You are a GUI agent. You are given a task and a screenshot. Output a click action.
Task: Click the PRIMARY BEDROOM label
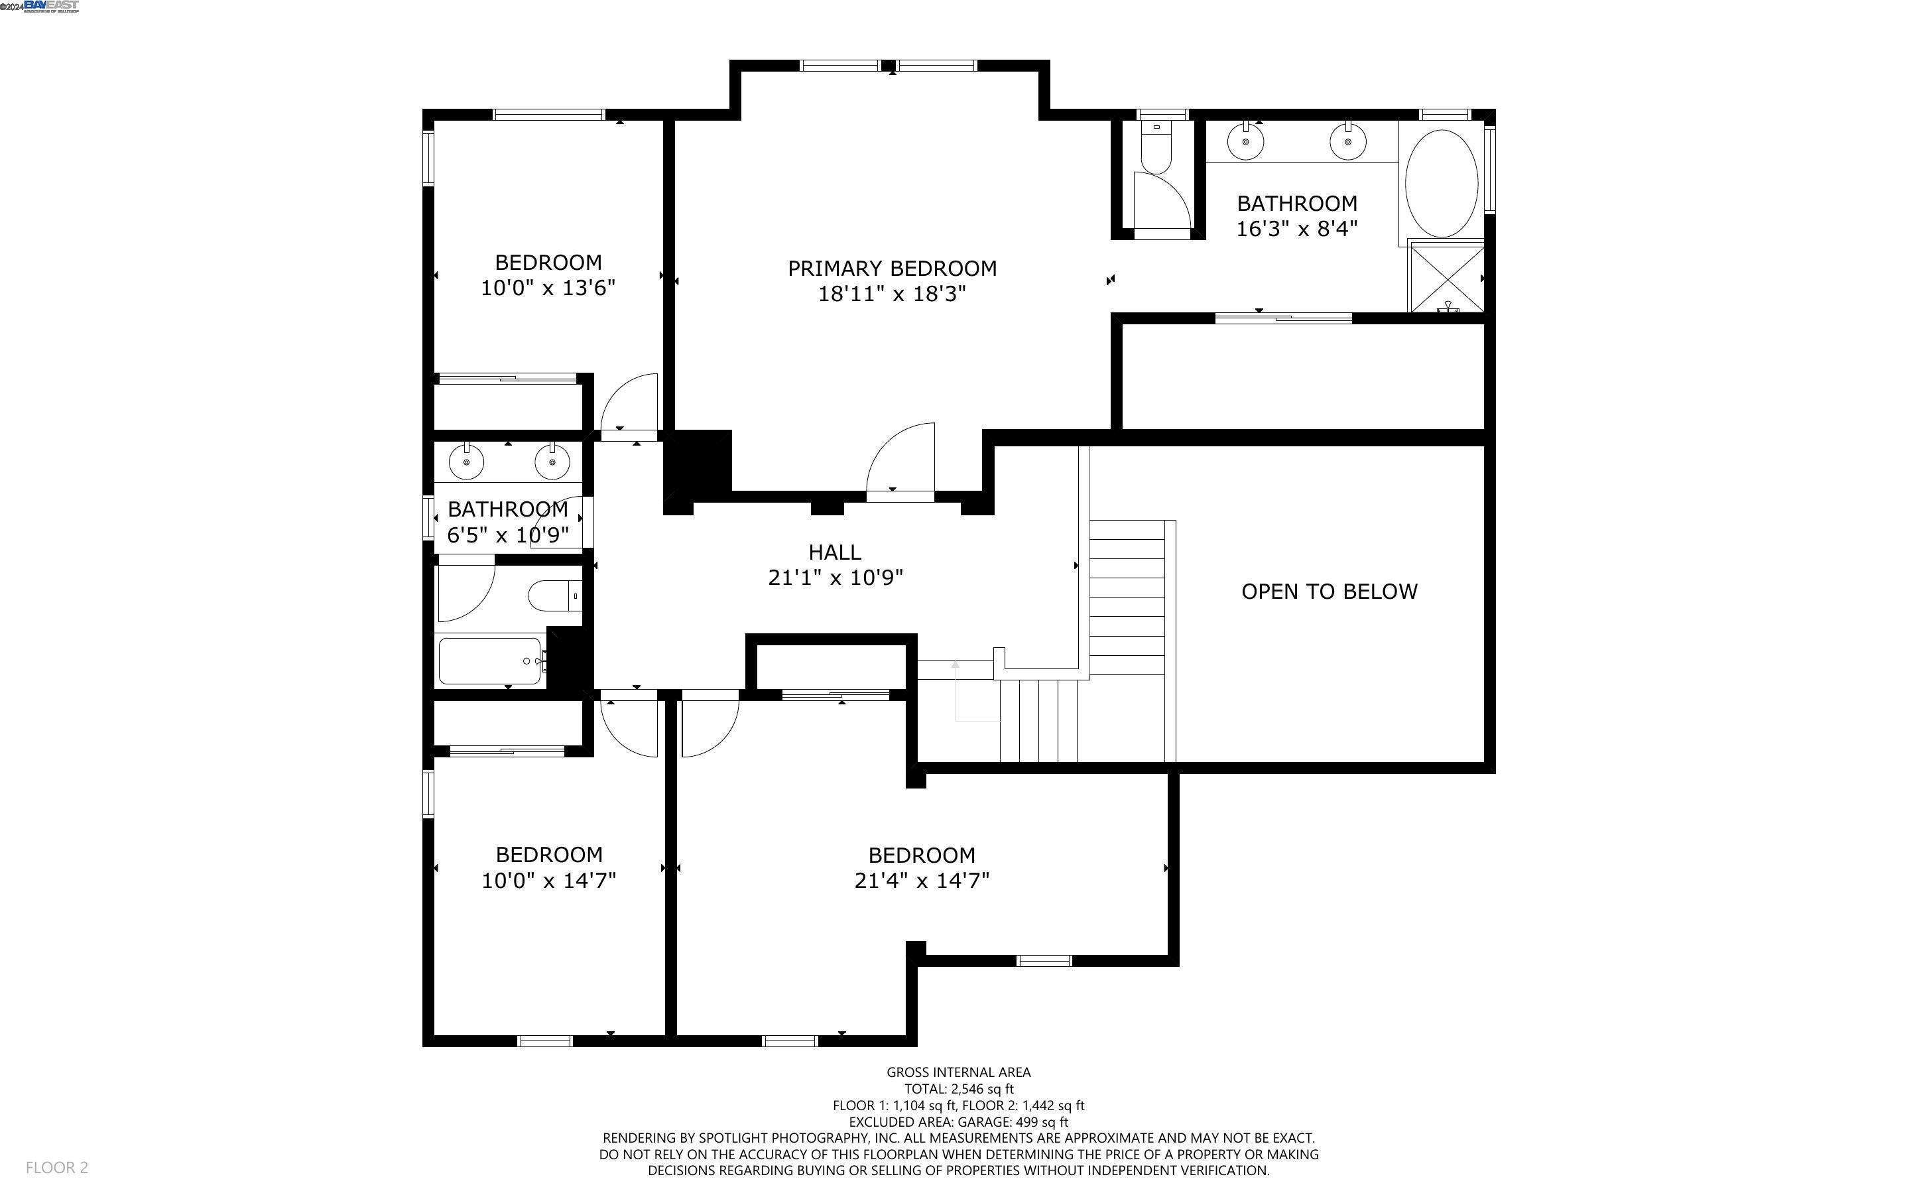pyautogui.click(x=892, y=269)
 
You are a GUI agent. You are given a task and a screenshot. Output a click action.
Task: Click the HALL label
pyautogui.click(x=835, y=552)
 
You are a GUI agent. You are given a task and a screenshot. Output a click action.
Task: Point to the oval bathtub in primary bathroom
pyautogui.click(x=1441, y=183)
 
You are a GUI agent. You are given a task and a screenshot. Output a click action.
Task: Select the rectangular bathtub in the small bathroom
pyautogui.click(x=490, y=661)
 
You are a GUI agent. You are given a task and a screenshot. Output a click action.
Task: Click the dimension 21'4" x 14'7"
pyautogui.click(x=921, y=880)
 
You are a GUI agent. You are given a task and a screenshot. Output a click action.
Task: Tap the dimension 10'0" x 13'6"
pyautogui.click(x=548, y=288)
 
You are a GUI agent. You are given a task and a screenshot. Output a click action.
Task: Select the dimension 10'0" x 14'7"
pyautogui.click(x=548, y=880)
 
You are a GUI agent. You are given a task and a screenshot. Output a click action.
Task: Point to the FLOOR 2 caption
pyautogui.click(x=56, y=1167)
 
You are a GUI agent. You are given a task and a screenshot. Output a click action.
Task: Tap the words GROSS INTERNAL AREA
pyautogui.click(x=958, y=1072)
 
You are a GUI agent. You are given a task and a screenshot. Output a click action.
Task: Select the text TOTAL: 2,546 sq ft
pyautogui.click(x=958, y=1089)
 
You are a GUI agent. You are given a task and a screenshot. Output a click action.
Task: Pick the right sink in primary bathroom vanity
pyautogui.click(x=1348, y=143)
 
